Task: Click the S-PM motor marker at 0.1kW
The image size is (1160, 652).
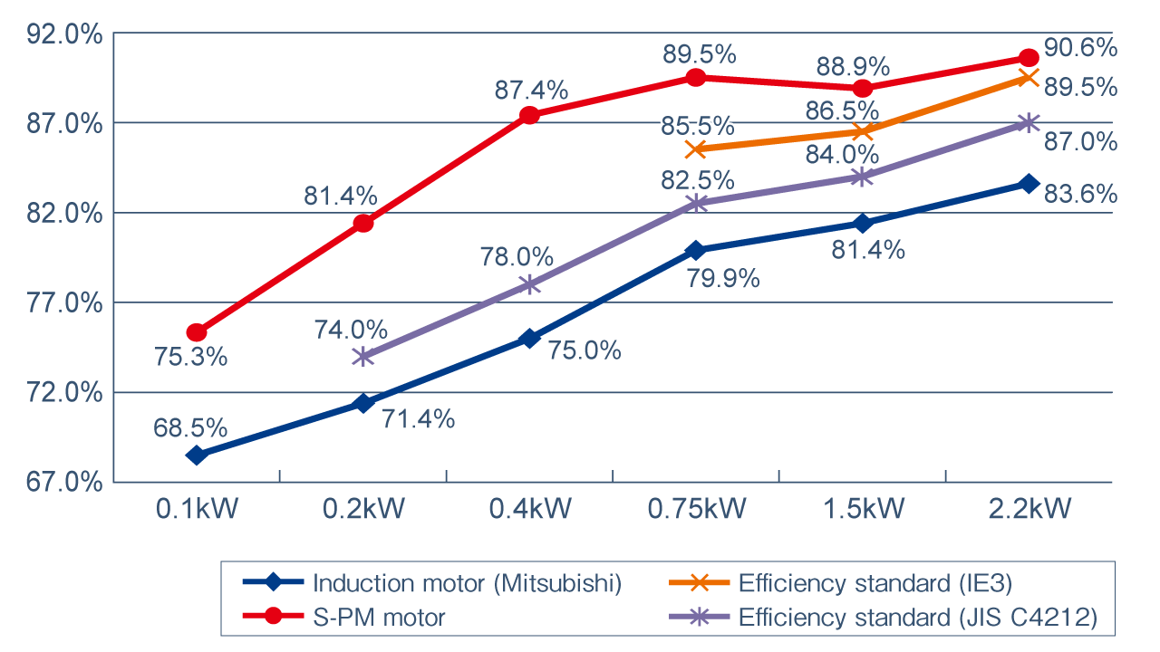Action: click(x=197, y=332)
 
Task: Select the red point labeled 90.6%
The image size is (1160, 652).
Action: click(x=1029, y=58)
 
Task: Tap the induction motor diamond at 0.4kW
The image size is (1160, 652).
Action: click(x=530, y=339)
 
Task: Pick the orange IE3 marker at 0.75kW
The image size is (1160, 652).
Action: click(x=696, y=149)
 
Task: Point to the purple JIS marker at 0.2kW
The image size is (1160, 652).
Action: click(x=363, y=356)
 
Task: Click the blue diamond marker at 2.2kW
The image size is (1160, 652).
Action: click(x=1029, y=183)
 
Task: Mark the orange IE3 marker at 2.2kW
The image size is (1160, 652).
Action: click(x=1029, y=78)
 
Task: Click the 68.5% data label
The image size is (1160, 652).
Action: click(x=190, y=427)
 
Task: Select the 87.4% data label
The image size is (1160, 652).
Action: click(x=531, y=91)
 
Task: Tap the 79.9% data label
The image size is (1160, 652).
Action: click(x=722, y=278)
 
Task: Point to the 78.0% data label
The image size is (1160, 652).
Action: click(x=516, y=259)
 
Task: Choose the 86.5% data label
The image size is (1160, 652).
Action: click(x=842, y=111)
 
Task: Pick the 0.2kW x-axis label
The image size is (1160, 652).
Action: click(x=363, y=509)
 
